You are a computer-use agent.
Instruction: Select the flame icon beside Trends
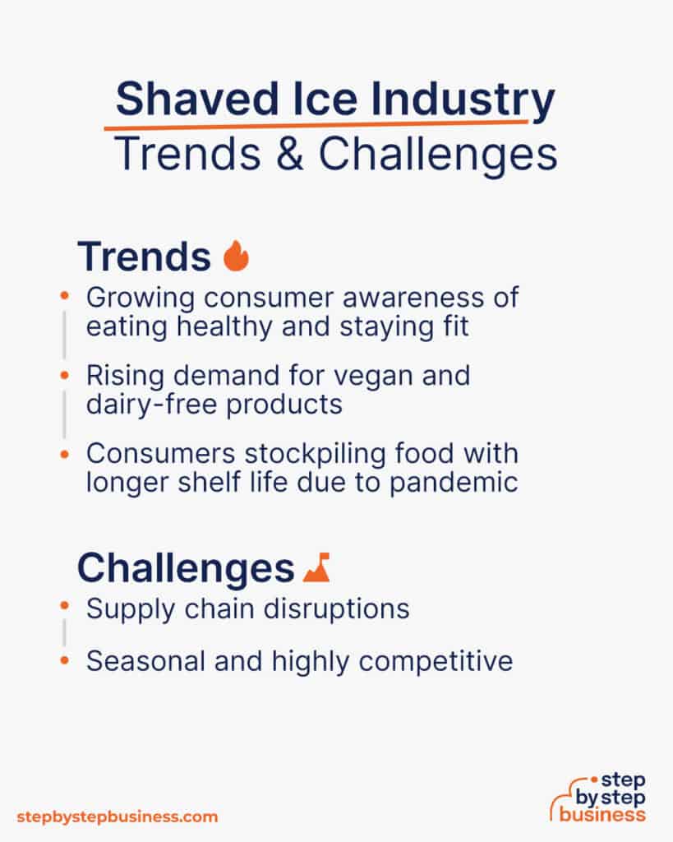pos(236,257)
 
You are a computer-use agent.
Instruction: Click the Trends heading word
pos(144,257)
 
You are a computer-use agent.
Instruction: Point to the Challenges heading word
pos(185,567)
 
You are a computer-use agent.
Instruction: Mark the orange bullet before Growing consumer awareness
pos(65,294)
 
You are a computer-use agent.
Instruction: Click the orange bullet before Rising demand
pos(65,375)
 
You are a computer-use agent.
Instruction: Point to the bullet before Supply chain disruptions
pos(65,606)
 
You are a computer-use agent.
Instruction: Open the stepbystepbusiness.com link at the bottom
pos(118,817)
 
